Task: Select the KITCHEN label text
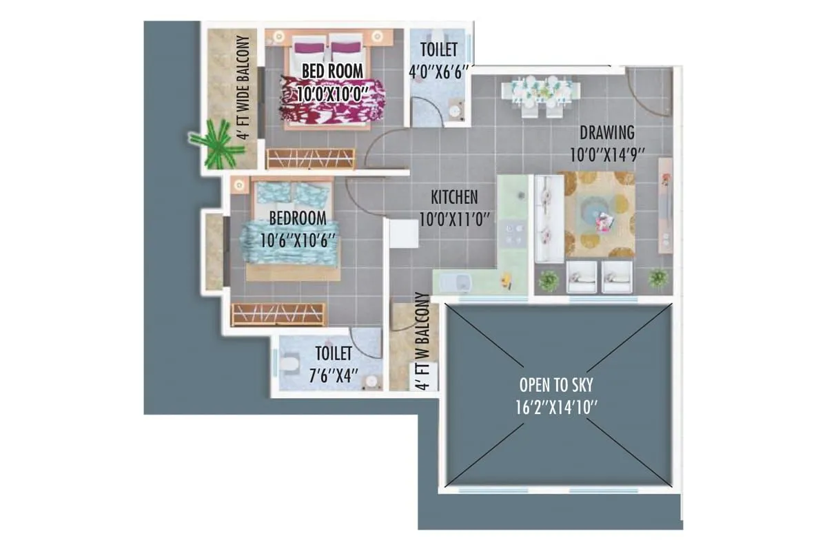click(454, 198)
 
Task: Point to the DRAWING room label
click(606, 132)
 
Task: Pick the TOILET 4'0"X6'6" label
click(439, 60)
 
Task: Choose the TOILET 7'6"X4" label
click(334, 363)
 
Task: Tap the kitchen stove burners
click(511, 233)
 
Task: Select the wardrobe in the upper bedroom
click(310, 158)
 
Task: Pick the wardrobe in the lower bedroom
click(278, 314)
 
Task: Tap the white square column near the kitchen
click(404, 234)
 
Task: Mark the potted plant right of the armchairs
click(658, 278)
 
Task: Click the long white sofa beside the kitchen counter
click(549, 218)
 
